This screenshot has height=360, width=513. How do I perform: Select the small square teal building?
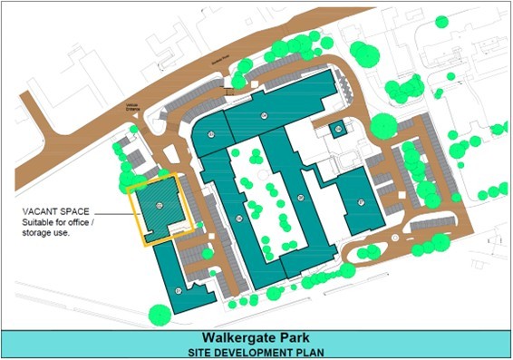(337, 130)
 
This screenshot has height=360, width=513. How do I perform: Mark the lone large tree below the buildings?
(160, 315)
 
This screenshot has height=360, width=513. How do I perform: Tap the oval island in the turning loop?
(400, 238)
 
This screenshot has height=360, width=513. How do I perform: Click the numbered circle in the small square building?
(337, 130)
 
